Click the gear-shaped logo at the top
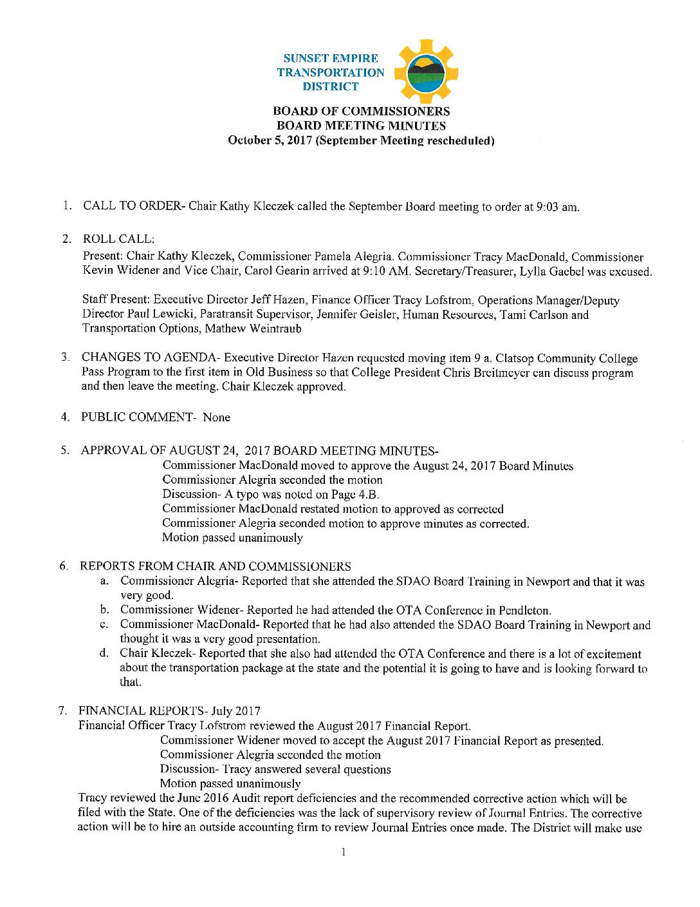click(x=425, y=72)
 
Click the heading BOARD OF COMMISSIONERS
click(x=361, y=111)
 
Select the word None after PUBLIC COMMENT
click(x=216, y=417)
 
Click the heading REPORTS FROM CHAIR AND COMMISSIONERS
click(x=215, y=566)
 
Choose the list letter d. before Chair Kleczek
click(x=104, y=653)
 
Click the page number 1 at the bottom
click(x=344, y=852)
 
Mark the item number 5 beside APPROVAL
click(x=64, y=450)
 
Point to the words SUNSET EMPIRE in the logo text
click(x=331, y=58)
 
